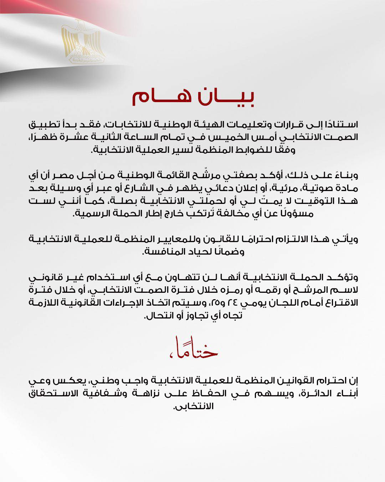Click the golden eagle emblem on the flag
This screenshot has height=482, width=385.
(x=83, y=42)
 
